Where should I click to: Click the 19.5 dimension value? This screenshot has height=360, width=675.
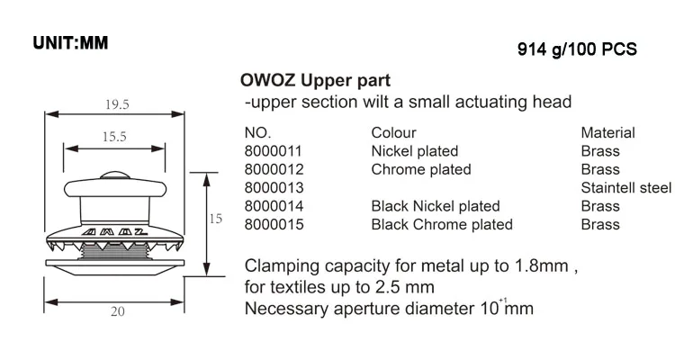point(116,104)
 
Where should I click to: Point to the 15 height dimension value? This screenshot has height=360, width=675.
point(215,220)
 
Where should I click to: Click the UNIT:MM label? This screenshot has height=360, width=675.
point(70,43)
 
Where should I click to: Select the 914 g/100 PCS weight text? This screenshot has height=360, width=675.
point(577,51)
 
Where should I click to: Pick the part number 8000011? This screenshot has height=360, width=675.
point(273,151)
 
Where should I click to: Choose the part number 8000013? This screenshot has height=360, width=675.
point(274,188)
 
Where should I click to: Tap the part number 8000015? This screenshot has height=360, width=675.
point(274,224)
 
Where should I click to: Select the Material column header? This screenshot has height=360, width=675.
point(608,133)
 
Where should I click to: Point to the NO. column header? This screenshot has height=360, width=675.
point(257,133)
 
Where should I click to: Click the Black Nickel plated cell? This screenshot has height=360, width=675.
point(436,206)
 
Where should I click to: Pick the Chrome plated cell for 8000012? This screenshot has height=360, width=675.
point(421,169)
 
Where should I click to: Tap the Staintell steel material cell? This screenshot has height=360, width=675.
point(626,188)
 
